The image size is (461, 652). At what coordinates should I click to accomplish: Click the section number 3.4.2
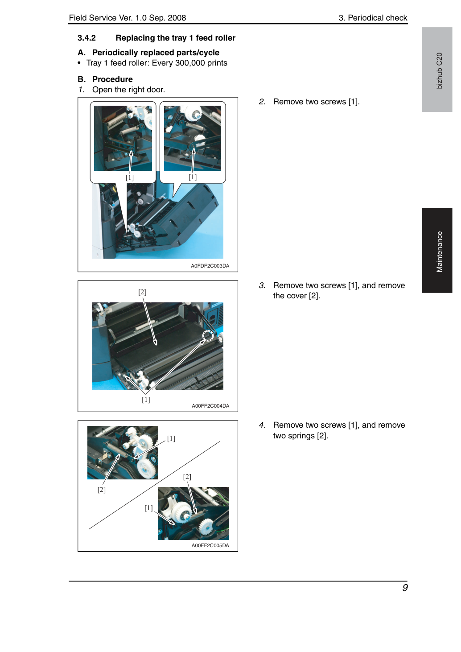[86, 38]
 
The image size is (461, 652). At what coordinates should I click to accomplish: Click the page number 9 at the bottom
[404, 587]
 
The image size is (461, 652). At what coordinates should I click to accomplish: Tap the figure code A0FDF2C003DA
[210, 266]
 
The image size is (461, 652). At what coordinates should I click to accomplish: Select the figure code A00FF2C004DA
[210, 405]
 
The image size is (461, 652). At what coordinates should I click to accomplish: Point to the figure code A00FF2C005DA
[210, 545]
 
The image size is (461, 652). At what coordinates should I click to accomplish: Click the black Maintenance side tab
[437, 250]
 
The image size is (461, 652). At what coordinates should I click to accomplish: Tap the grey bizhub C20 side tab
[437, 70]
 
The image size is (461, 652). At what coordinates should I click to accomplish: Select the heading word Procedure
[112, 79]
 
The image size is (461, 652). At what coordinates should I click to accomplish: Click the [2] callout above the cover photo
[142, 292]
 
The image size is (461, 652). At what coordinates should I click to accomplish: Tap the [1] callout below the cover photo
[146, 400]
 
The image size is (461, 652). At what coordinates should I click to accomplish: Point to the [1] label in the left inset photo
[129, 177]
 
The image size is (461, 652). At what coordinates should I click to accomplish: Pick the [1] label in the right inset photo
[192, 177]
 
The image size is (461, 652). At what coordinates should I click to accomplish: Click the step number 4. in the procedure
[262, 425]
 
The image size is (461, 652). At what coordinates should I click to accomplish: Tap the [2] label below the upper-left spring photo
[102, 490]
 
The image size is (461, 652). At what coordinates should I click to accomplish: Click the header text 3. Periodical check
[373, 18]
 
